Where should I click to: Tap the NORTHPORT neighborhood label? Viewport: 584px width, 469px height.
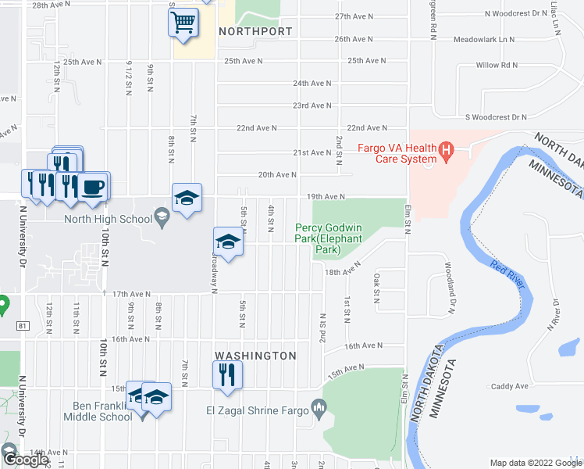pos(255,32)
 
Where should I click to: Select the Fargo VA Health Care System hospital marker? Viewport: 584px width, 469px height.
pos(446,149)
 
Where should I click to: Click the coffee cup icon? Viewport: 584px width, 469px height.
pos(94,187)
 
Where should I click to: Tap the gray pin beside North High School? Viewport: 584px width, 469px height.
pos(162,217)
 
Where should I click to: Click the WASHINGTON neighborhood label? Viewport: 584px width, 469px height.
pos(255,356)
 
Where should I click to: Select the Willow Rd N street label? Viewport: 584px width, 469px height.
pos(498,66)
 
